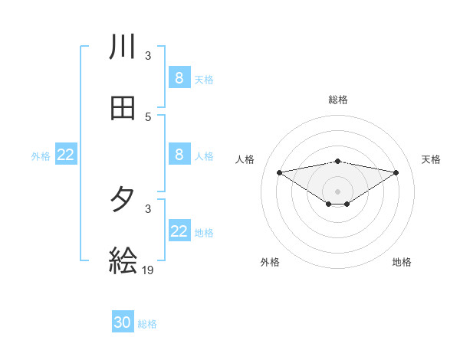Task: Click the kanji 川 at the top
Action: [x=123, y=47]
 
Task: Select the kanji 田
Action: [x=123, y=108]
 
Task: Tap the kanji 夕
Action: [x=123, y=200]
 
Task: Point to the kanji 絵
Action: [x=123, y=260]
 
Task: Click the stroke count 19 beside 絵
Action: [x=149, y=270]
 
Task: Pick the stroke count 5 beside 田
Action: [x=148, y=116]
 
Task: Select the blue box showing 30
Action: [x=123, y=322]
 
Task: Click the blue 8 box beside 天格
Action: [x=179, y=77]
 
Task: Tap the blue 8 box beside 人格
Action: [x=179, y=154]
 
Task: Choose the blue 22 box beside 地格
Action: [x=179, y=231]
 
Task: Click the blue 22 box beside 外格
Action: [x=66, y=155]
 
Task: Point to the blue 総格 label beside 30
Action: [x=147, y=324]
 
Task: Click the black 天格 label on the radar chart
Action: [x=432, y=159]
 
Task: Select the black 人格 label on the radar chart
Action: [x=245, y=159]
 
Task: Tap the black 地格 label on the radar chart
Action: [x=402, y=262]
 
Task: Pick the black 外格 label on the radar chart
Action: [x=270, y=262]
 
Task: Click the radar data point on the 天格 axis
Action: [x=396, y=172]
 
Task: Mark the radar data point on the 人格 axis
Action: [x=279, y=172]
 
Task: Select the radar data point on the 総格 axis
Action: [x=338, y=161]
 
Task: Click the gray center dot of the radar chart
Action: [x=338, y=191]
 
